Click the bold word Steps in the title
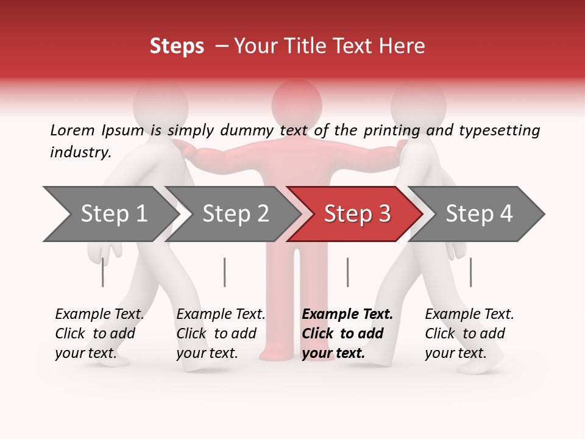(x=177, y=46)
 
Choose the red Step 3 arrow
(x=357, y=214)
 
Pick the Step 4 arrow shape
(x=479, y=214)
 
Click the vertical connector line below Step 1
(x=102, y=272)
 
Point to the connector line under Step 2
(x=224, y=272)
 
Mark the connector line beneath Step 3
(x=347, y=272)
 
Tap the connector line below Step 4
(x=470, y=272)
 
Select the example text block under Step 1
(x=99, y=333)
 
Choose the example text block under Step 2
(x=221, y=333)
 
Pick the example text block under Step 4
(x=469, y=333)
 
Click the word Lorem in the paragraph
(x=72, y=130)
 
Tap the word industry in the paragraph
(x=80, y=152)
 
